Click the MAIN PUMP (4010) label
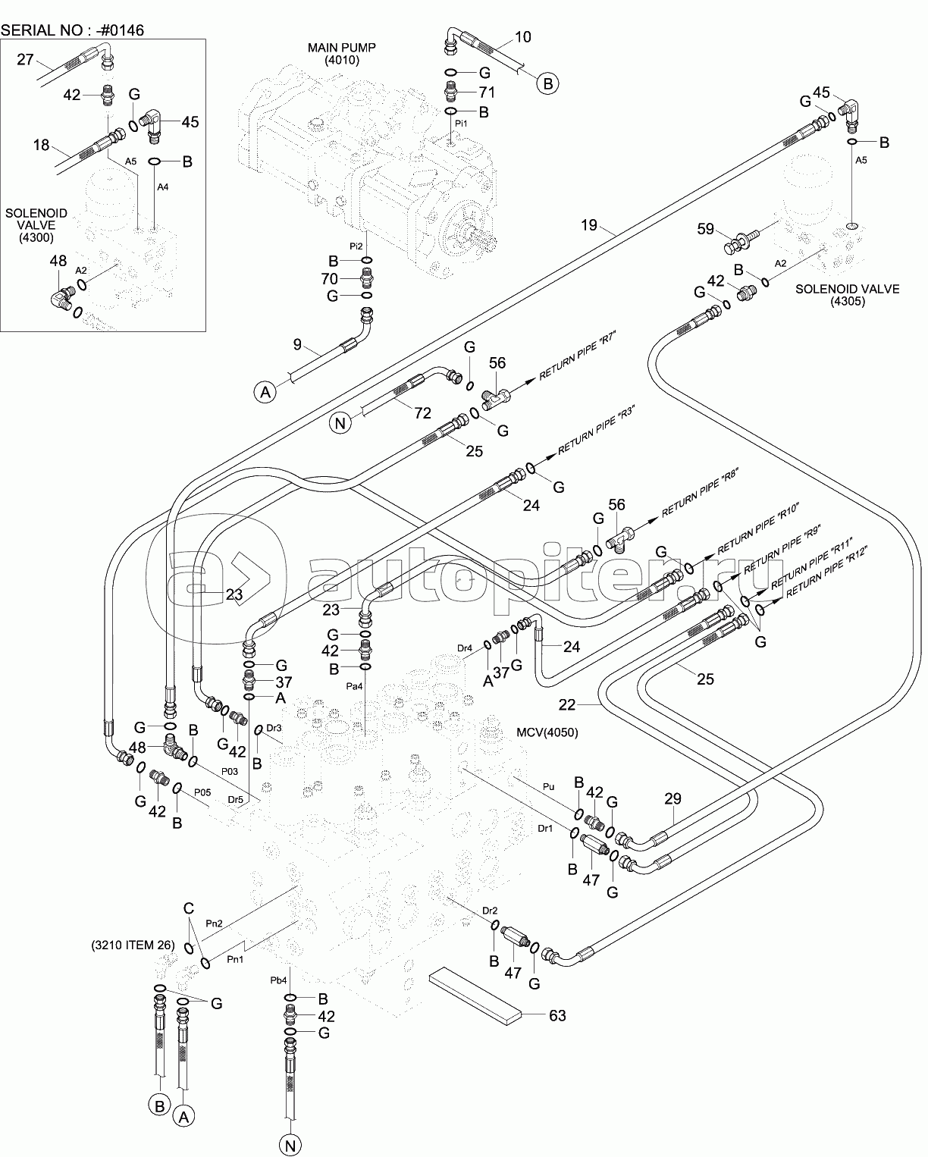pos(341,54)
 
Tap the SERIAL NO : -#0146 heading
pos(73,30)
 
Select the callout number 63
pos(557,1016)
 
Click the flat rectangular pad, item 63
pos(475,996)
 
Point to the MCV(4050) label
pos(547,732)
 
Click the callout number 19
pos(589,224)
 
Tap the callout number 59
pos(705,229)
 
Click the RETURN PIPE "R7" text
pos(577,356)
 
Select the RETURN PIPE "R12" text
pos(826,573)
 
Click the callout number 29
pos(672,799)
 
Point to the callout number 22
pos(566,705)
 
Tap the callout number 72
pos(422,413)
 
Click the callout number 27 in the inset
pos(25,60)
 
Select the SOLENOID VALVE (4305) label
pos(848,295)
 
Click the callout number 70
pos(329,279)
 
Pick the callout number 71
pos(487,92)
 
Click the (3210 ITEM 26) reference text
pos(133,945)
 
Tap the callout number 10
pos(522,37)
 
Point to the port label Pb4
pos(278,980)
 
